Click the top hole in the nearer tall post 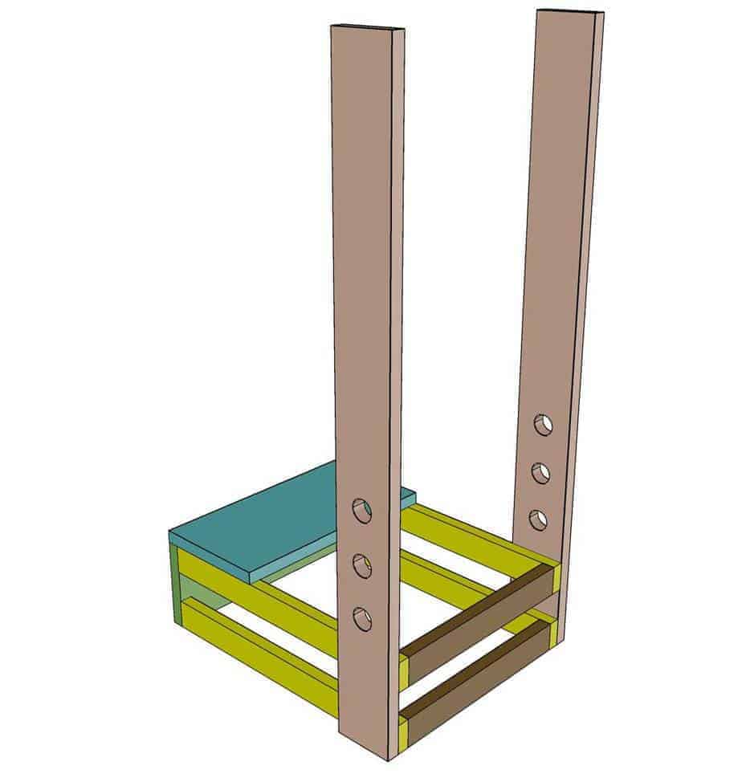tap(362, 510)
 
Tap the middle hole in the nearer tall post tap(363, 565)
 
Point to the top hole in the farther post tap(544, 425)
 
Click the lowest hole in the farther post tap(539, 519)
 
